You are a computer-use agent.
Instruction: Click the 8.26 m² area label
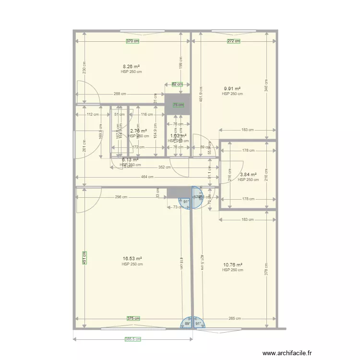(x=131, y=67)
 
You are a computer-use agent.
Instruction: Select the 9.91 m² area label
(x=232, y=89)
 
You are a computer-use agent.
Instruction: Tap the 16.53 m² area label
(x=132, y=259)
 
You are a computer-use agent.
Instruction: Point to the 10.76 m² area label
(x=233, y=264)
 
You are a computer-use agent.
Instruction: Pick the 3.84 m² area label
(x=248, y=175)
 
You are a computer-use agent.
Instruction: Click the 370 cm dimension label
(x=132, y=41)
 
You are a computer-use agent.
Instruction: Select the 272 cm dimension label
(x=234, y=41)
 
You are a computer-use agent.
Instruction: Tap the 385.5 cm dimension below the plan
(x=132, y=339)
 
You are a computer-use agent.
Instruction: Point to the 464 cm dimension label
(x=147, y=177)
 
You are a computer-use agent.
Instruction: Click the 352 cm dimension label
(x=165, y=167)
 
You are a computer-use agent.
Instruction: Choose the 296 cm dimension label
(x=121, y=197)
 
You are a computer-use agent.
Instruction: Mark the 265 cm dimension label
(x=235, y=318)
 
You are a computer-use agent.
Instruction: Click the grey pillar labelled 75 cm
(x=178, y=104)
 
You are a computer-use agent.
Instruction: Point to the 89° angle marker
(x=187, y=324)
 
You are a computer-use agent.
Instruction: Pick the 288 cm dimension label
(x=120, y=94)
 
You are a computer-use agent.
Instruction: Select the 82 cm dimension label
(x=177, y=84)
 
